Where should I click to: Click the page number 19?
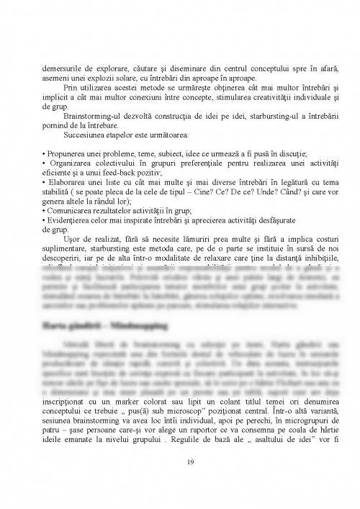(x=180, y=463)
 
